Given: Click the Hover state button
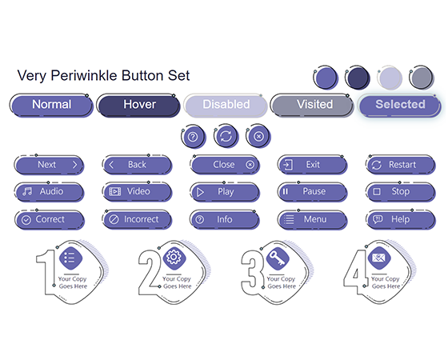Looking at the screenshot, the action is (138, 105).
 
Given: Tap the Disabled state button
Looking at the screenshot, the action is (226, 105).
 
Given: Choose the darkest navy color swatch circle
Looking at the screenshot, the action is (358, 78).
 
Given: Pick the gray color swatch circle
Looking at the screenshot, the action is (422, 78).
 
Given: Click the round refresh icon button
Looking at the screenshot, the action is (226, 136).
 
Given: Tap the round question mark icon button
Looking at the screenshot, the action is (193, 137).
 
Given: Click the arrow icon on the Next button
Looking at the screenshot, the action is (75, 165).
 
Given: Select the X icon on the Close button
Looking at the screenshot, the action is (250, 165).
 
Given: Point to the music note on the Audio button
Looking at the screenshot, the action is (27, 191).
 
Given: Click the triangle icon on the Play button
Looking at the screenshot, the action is (200, 192).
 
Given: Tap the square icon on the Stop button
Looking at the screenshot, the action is (377, 191).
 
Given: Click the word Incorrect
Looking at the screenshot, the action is (141, 219).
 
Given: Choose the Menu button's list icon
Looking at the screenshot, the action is (289, 219).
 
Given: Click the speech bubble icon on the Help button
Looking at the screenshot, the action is (378, 219).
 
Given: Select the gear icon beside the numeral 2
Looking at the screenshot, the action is (174, 258).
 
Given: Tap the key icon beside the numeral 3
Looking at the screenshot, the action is (277, 258).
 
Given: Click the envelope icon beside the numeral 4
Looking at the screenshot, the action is (379, 258).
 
